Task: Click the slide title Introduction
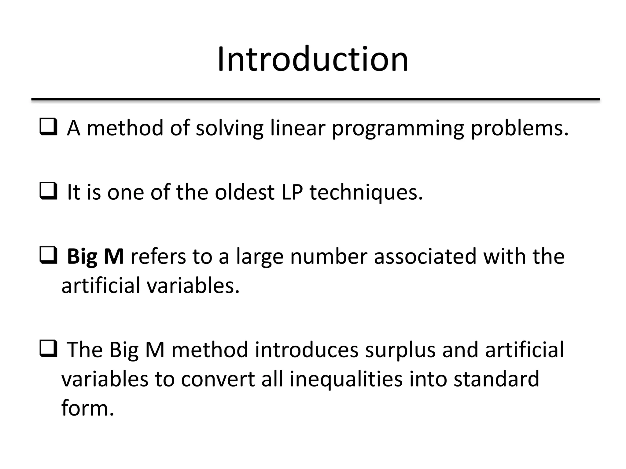coord(313,59)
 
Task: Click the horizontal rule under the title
coord(315,99)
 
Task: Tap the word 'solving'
coord(230,129)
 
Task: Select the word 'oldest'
coord(245,192)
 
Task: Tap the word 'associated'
coord(425,256)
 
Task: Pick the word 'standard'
coord(496,379)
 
